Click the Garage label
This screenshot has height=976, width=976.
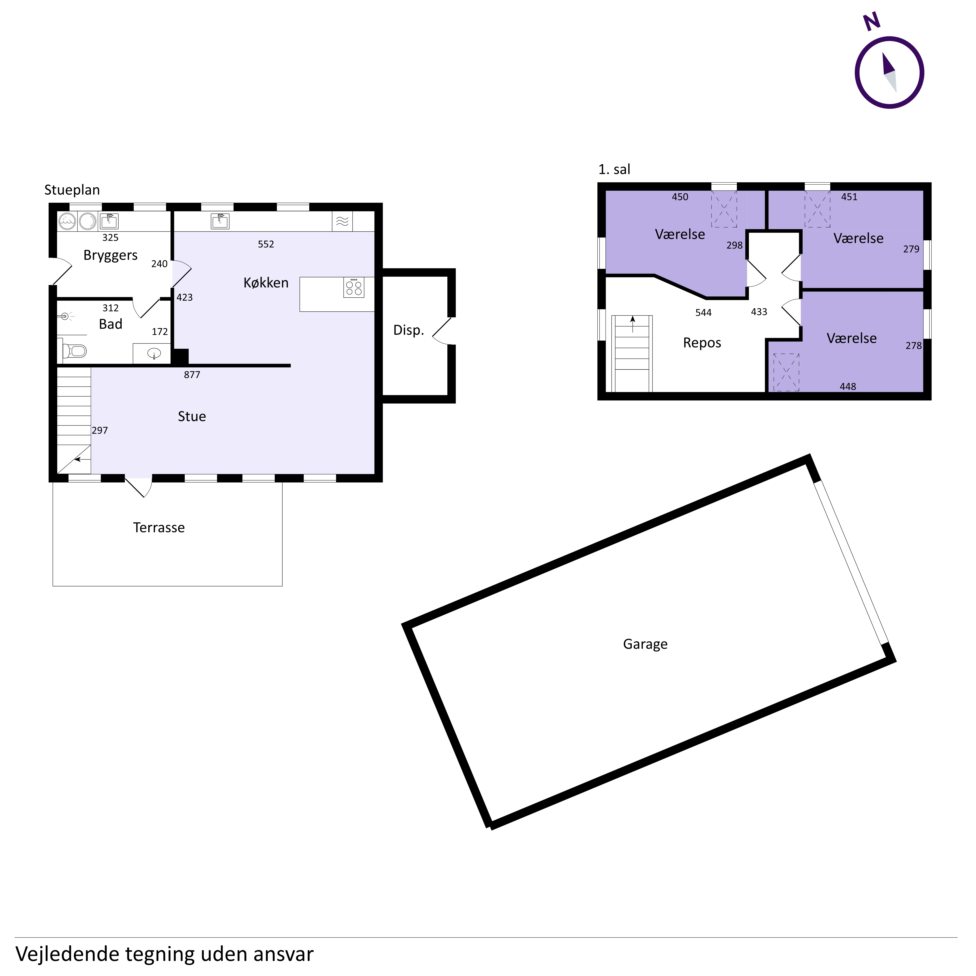[645, 644]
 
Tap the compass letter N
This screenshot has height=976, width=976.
[872, 22]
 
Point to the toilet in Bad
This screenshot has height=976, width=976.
[75, 350]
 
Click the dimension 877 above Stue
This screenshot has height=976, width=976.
[192, 375]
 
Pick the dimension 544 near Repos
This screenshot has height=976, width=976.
[703, 313]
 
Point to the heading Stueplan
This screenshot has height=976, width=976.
[72, 190]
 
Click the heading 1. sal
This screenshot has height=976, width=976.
[614, 170]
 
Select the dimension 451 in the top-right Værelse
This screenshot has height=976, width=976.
[849, 197]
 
